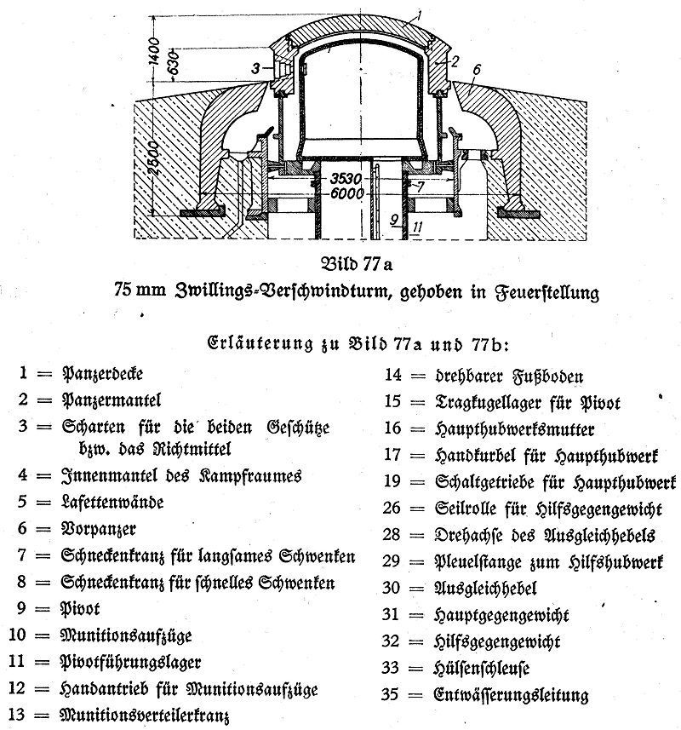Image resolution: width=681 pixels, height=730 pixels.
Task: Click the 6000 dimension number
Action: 348,193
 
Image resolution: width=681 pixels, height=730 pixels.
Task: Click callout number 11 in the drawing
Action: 417,227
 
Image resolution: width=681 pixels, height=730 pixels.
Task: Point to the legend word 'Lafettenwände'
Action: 112,503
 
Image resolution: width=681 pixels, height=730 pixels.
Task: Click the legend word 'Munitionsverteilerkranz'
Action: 145,714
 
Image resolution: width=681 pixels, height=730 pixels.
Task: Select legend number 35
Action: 390,694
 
